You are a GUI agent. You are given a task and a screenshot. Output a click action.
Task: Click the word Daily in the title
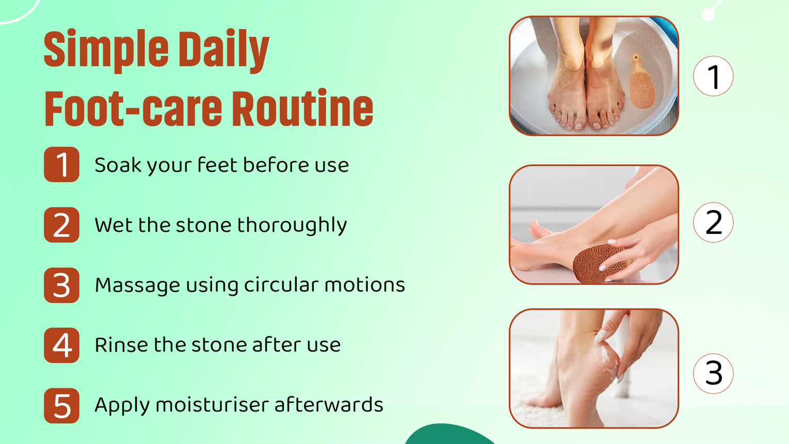click(223, 51)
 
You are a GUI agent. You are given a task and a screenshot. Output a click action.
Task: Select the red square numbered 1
click(61, 165)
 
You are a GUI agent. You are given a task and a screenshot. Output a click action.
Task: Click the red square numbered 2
click(61, 225)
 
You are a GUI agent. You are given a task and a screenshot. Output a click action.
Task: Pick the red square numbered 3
click(61, 285)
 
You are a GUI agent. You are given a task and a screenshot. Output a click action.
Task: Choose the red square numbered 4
click(61, 345)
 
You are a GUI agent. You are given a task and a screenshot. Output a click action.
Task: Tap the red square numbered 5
click(61, 406)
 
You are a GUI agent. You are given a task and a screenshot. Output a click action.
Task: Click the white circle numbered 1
click(713, 76)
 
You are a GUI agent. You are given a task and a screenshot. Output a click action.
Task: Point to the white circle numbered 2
click(713, 223)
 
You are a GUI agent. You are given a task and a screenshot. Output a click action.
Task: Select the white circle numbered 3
click(713, 373)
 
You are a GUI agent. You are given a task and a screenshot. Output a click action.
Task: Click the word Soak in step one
click(118, 165)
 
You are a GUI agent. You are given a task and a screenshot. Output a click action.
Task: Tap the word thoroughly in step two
click(292, 226)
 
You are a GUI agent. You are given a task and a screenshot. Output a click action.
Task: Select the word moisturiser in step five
click(212, 405)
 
